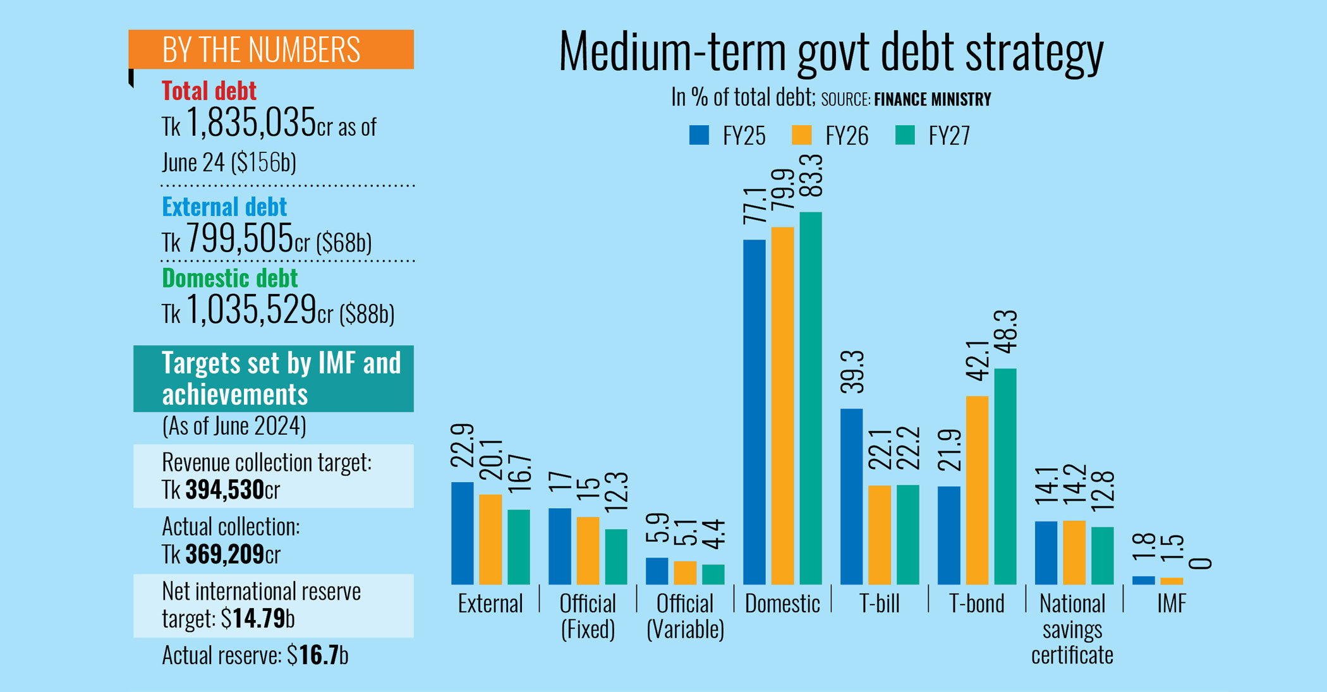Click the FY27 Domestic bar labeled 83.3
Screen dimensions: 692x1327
(x=810, y=398)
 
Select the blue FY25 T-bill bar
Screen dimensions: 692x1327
(x=851, y=496)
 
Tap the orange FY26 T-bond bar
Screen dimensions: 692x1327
(x=976, y=490)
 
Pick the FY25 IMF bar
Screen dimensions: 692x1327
(x=1142, y=580)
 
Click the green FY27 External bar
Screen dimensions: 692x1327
(x=518, y=547)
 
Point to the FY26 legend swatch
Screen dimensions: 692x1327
(x=801, y=135)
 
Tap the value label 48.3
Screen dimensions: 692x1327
(x=1005, y=332)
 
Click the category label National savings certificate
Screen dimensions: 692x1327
(x=1072, y=629)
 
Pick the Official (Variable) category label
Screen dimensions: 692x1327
(x=685, y=616)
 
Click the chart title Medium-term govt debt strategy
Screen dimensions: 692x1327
(x=831, y=52)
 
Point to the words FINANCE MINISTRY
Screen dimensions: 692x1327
(x=932, y=100)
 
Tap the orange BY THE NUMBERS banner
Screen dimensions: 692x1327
(x=270, y=49)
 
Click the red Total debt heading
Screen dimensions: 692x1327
(x=209, y=91)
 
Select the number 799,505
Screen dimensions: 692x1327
(x=239, y=239)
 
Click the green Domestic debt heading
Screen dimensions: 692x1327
(x=229, y=278)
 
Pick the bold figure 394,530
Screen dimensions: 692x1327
(x=224, y=490)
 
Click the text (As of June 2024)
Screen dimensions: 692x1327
(x=234, y=426)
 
